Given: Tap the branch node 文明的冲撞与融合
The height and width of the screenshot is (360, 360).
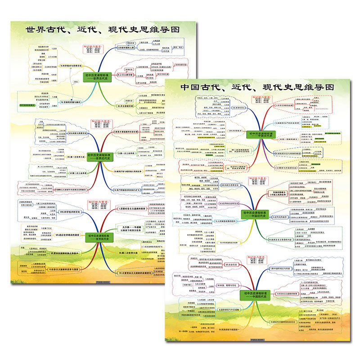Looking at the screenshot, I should tap(72, 102).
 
